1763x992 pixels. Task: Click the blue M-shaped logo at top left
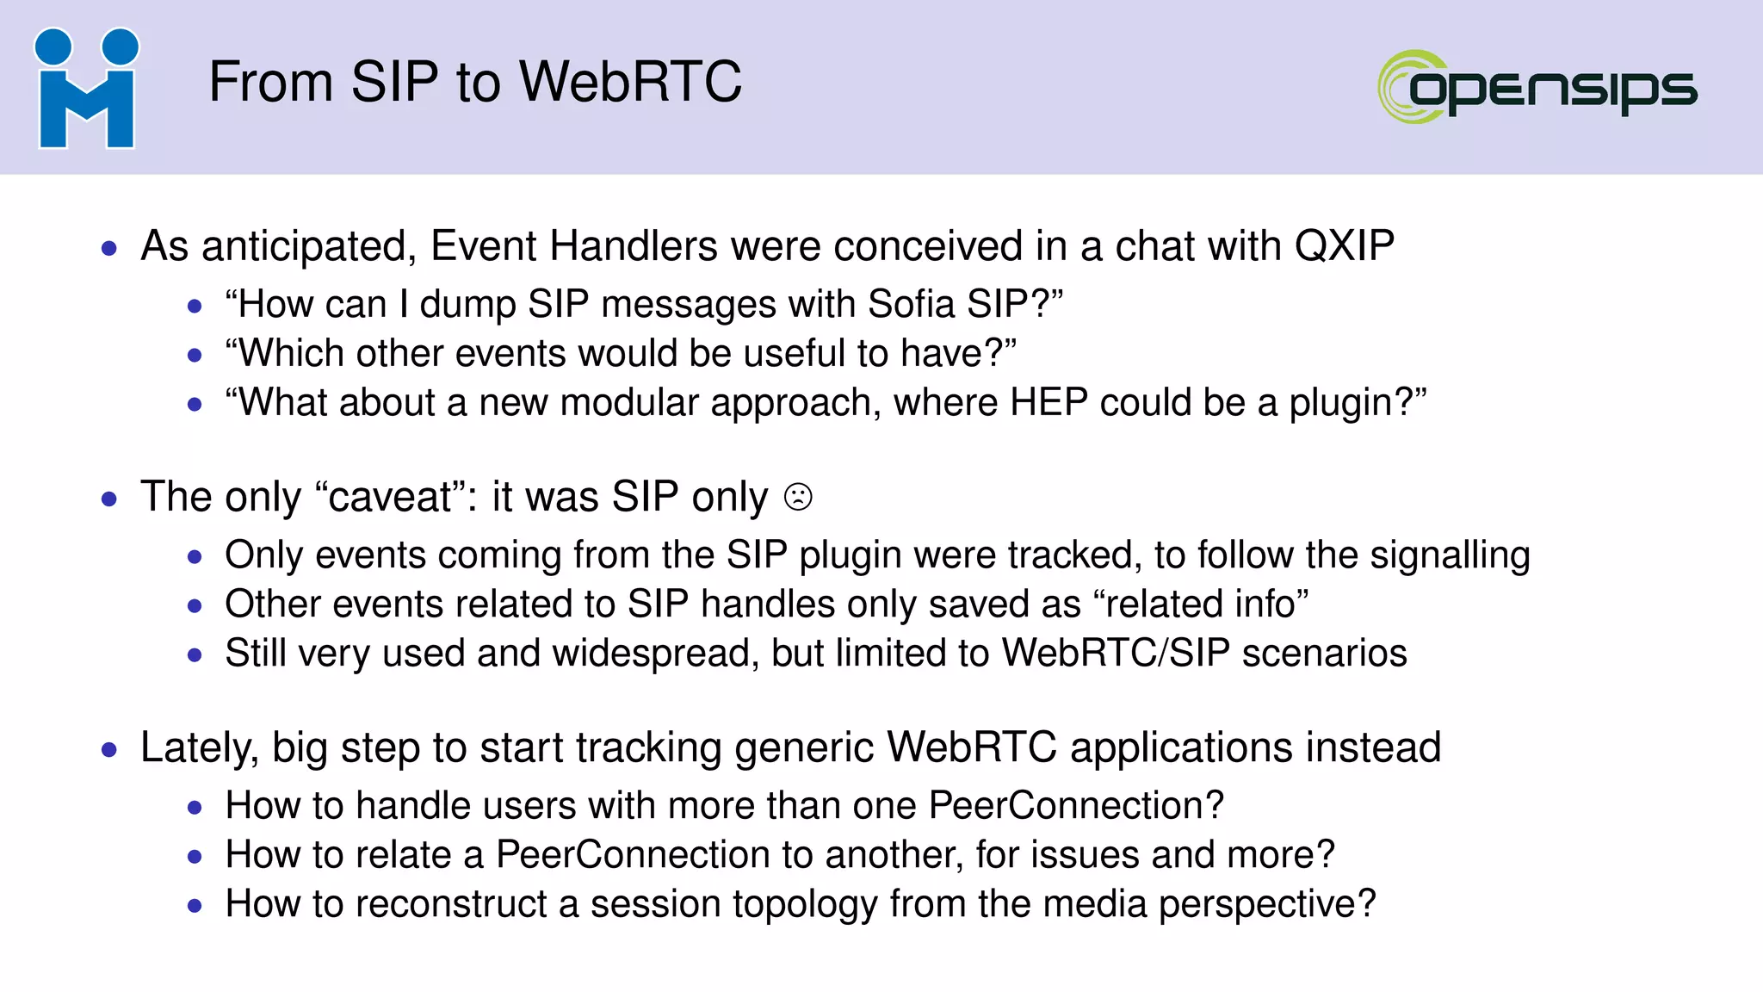click(86, 89)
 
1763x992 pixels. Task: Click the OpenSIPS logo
click(1537, 88)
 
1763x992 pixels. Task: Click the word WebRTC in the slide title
click(630, 83)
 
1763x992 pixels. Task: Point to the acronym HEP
click(1049, 403)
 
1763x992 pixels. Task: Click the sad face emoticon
click(798, 498)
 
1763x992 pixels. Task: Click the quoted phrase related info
click(1201, 604)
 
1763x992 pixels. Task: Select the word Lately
click(199, 748)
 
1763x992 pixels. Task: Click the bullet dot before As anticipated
click(109, 249)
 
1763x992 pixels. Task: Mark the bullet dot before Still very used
click(195, 655)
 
